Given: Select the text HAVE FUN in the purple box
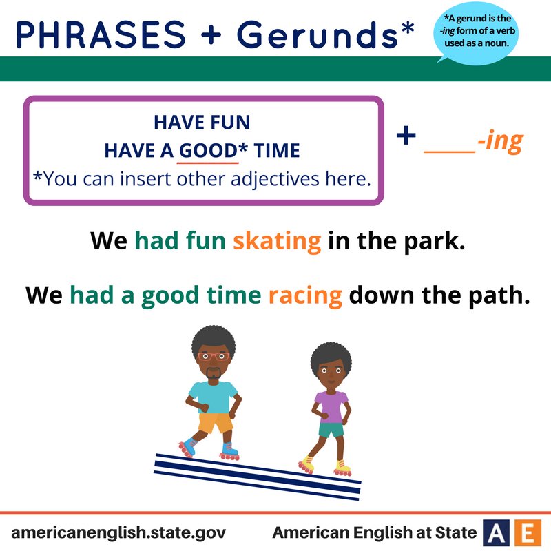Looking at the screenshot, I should coord(202,124).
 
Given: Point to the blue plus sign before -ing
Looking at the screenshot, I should coord(406,136).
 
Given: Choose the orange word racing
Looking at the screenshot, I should coord(305,295).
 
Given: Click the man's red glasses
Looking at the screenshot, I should coord(213,357).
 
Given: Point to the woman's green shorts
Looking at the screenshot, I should coord(331,430).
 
